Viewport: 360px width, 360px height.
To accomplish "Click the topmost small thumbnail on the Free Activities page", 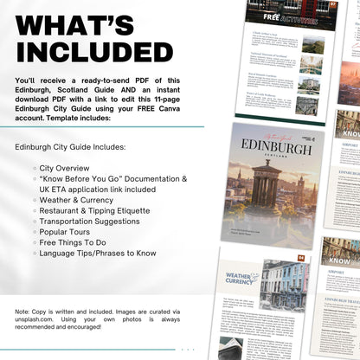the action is (x=312, y=45).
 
